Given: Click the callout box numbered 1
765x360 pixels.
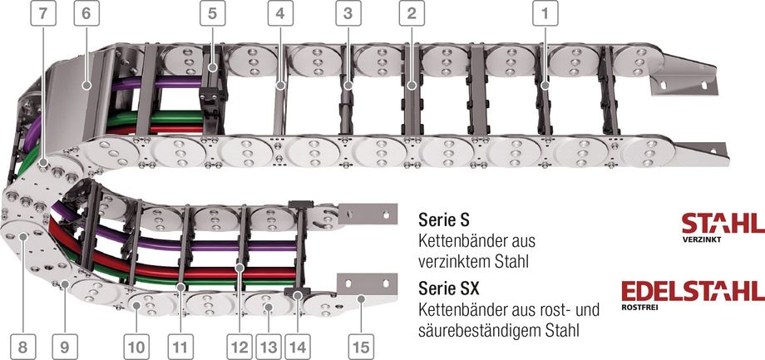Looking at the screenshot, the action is click(x=545, y=13).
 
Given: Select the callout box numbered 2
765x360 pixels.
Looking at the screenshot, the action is click(x=412, y=13).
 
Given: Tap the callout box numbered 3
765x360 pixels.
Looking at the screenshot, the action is click(x=348, y=13).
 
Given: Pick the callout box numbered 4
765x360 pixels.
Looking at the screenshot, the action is click(x=280, y=13).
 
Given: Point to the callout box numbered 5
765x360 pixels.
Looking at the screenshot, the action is click(x=212, y=13).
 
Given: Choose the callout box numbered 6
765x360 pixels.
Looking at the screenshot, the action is click(x=86, y=13).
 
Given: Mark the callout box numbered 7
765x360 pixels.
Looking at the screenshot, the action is click(x=43, y=13).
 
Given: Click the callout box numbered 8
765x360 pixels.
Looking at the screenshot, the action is click(x=22, y=347).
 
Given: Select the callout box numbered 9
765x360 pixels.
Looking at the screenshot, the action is click(x=65, y=347).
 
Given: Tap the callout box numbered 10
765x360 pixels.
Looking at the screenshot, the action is click(x=136, y=347).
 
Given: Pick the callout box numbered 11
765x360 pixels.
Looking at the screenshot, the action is click(x=180, y=347).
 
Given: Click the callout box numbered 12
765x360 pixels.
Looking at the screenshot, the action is click(x=239, y=347).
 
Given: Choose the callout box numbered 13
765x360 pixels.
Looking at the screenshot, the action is click(x=269, y=347).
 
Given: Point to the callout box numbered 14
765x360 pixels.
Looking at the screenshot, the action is click(x=298, y=347).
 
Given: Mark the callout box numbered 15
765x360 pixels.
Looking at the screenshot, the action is click(x=361, y=347).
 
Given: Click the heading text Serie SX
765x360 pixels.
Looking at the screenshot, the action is click(x=449, y=288).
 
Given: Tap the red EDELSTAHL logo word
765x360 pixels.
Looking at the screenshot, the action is click(x=693, y=291).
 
